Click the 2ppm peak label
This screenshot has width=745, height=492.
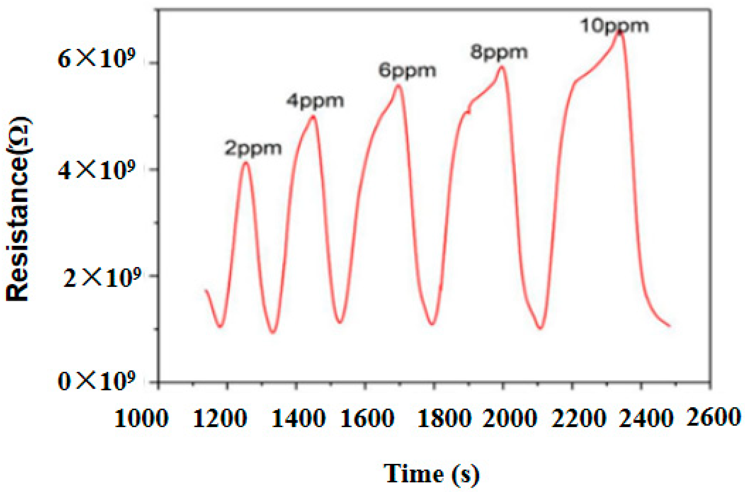253,149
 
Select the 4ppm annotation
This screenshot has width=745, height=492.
315,102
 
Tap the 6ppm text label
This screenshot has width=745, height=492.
407,71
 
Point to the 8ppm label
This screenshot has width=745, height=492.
499,52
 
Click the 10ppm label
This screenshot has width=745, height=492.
614,26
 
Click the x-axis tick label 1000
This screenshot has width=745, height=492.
141,419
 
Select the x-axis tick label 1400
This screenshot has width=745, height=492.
298,419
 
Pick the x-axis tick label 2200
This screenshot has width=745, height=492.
578,419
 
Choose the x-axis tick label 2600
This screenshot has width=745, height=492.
714,417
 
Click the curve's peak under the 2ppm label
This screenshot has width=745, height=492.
246,162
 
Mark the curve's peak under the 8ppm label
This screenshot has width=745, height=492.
502,66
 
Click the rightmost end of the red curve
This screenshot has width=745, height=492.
670,326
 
